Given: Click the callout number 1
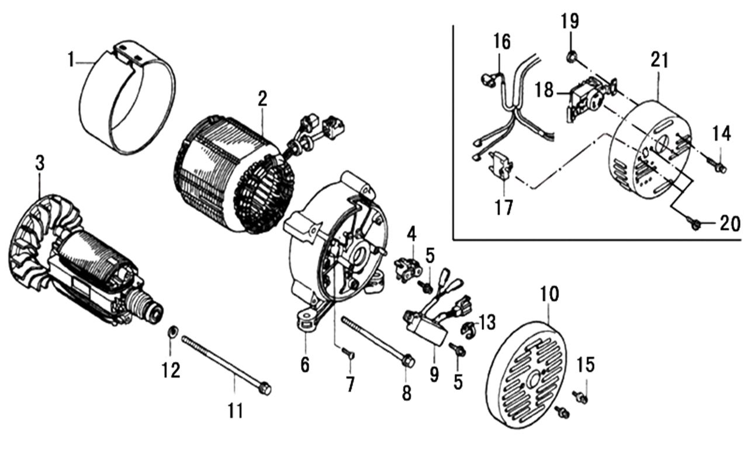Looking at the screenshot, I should (71, 60).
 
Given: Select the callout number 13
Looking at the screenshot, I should (487, 321).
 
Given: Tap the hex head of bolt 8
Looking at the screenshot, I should (408, 361).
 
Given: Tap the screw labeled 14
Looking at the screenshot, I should (719, 168).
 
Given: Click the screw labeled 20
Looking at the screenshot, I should (695, 223).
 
